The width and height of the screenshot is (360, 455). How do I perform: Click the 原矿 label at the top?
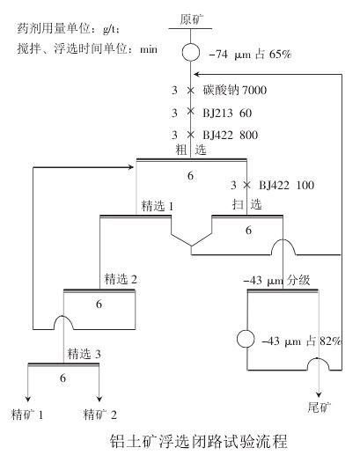pyautogui.click(x=191, y=18)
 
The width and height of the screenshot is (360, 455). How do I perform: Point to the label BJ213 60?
pyautogui.click(x=226, y=113)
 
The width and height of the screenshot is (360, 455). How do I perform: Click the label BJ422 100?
pyautogui.click(x=286, y=186)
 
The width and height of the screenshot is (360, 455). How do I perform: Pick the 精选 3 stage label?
pyautogui.click(x=83, y=354)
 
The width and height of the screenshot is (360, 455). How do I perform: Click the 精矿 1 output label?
pyautogui.click(x=26, y=412)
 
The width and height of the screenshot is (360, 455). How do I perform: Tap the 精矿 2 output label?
pyautogui.click(x=100, y=412)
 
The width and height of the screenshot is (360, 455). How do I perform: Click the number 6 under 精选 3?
pyautogui.click(x=62, y=378)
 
